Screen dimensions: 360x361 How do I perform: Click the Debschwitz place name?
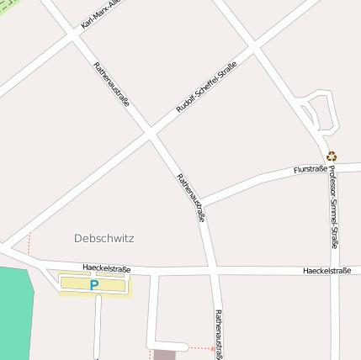[x=104, y=238]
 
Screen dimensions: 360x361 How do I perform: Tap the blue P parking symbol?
[x=94, y=285]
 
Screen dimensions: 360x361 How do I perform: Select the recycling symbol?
[x=332, y=156]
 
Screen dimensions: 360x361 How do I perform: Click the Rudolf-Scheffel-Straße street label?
[x=206, y=87]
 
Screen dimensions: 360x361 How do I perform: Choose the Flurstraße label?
[x=310, y=169]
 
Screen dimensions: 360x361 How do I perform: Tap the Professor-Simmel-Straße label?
[x=333, y=206]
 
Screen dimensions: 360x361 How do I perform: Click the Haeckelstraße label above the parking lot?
[x=107, y=268]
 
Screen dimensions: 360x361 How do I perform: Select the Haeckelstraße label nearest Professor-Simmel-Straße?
[x=326, y=271]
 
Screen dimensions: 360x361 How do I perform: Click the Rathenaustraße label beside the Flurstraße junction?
[x=191, y=197]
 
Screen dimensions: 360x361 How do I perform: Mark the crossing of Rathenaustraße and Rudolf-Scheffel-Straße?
[x=150, y=132]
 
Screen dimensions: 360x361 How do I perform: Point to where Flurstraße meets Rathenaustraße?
[x=201, y=203]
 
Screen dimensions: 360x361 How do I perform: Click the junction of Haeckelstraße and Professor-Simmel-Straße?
[x=334, y=271]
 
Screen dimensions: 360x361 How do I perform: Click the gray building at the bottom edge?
[x=165, y=354]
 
